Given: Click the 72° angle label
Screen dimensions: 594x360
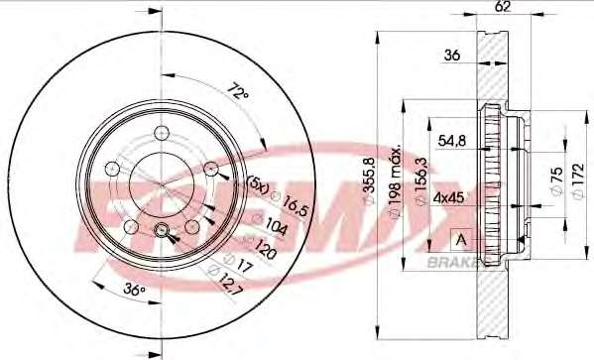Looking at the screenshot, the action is (x=238, y=91).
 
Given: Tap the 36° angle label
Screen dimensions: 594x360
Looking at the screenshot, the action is (x=135, y=290).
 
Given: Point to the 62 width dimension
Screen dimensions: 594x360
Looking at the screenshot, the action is (x=502, y=6).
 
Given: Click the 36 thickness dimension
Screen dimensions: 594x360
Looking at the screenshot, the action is (x=452, y=55).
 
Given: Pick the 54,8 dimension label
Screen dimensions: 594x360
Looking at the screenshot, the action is (x=452, y=142).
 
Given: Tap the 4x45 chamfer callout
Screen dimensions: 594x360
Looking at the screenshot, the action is (x=449, y=197).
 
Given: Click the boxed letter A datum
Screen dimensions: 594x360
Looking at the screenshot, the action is (x=461, y=240).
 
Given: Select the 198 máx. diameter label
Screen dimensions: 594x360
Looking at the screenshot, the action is (x=396, y=181).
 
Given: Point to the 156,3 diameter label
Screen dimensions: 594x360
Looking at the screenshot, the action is (x=421, y=181).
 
